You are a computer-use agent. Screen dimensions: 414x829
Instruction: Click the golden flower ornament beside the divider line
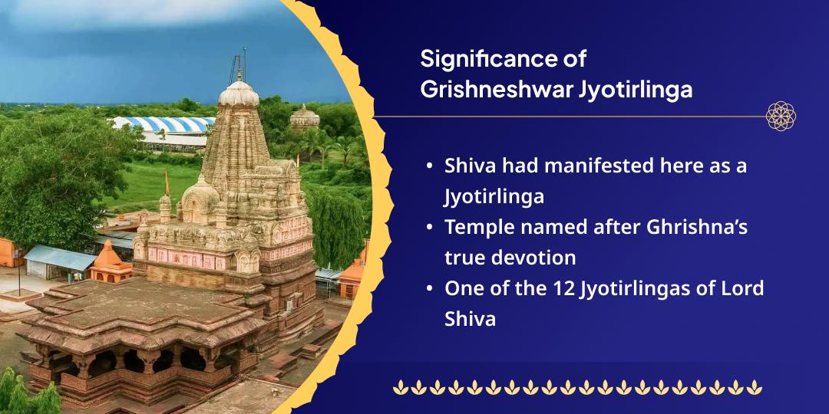pos(781,116)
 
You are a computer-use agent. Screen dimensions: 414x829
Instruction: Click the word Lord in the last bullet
pos(744,289)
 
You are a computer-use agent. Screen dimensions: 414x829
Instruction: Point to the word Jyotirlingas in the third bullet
pos(644,289)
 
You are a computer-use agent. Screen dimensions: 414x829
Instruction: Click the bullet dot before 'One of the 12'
pos(428,290)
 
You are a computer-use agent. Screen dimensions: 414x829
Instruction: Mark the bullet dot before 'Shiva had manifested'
pos(428,167)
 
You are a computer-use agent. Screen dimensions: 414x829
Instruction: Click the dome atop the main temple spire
pos(239,94)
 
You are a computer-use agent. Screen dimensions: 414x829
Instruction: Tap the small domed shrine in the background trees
pos(304,117)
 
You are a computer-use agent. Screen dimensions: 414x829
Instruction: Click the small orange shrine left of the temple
pos(111,261)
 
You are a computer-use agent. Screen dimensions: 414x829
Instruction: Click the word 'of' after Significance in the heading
pos(575,59)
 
